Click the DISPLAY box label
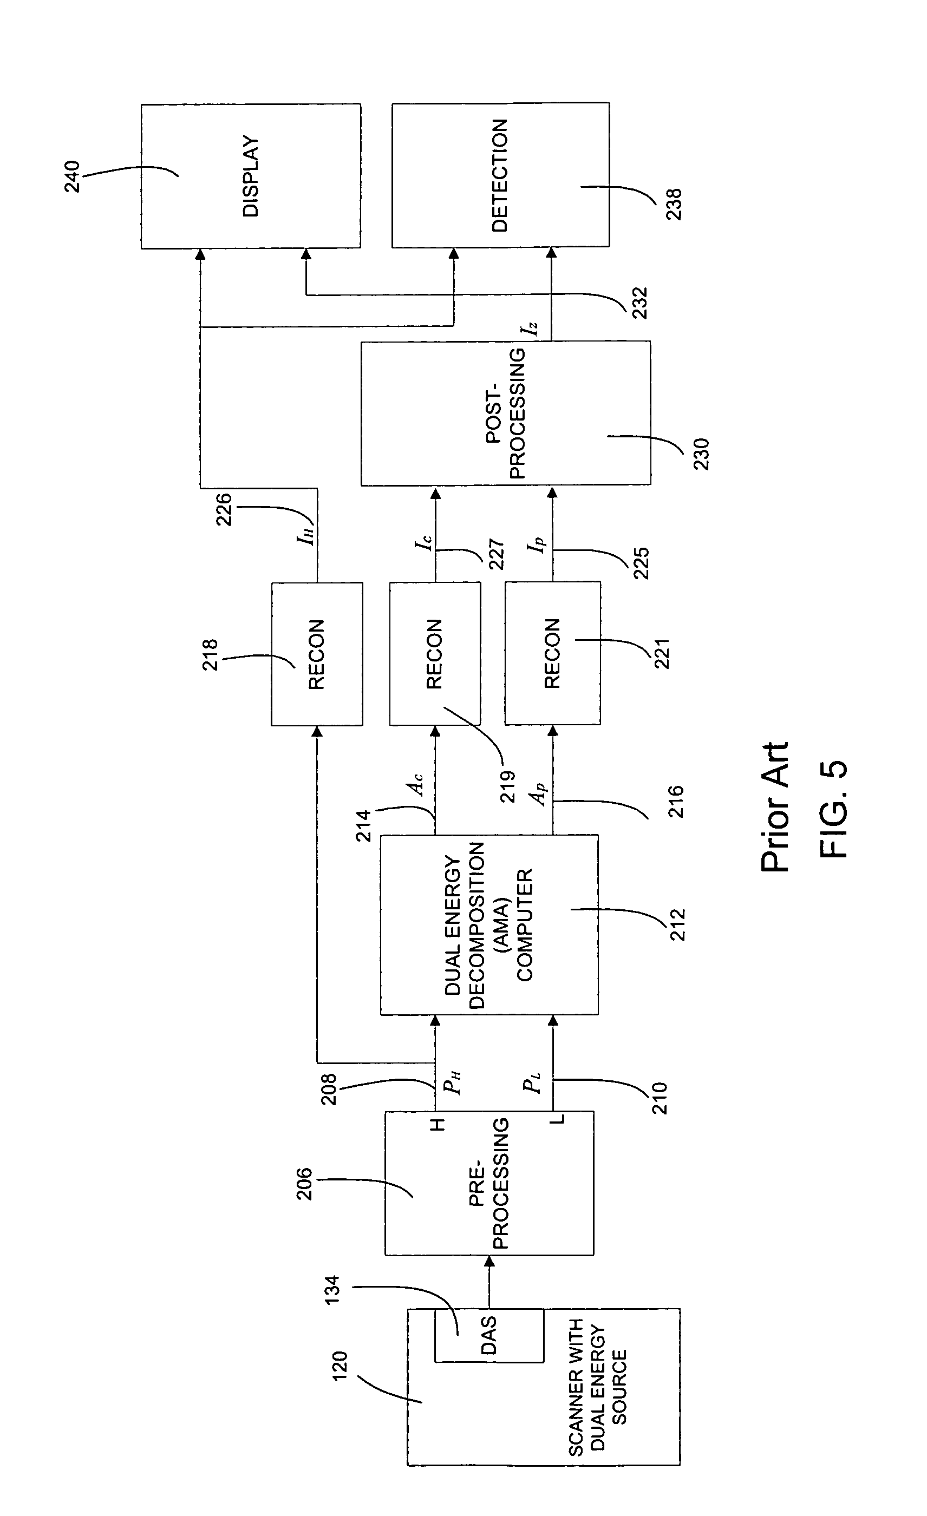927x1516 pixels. pos(251,176)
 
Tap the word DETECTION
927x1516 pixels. pos(499,175)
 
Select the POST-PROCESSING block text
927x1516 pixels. pos(505,414)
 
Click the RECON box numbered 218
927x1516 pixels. pos(316,654)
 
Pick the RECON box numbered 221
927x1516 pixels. pos(552,653)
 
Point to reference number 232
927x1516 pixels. pos(639,302)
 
